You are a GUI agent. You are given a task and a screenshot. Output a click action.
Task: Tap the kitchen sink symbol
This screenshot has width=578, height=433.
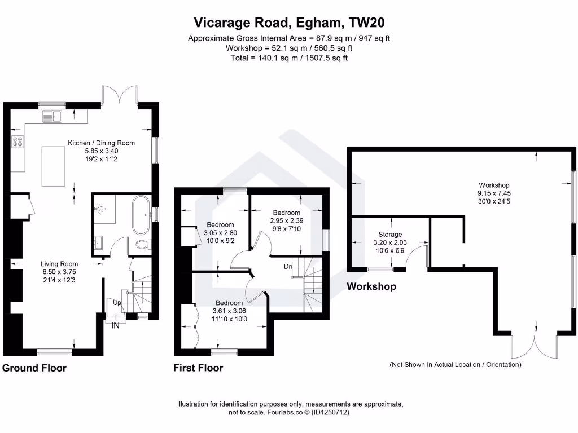pyautogui.click(x=54, y=117)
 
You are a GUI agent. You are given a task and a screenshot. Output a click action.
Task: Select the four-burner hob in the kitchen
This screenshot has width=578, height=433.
pyautogui.click(x=17, y=142)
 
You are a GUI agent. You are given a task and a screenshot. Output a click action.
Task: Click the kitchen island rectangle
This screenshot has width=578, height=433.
pyautogui.click(x=55, y=166)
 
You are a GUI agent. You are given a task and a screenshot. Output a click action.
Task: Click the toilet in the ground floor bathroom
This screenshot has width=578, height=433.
pyautogui.click(x=142, y=246)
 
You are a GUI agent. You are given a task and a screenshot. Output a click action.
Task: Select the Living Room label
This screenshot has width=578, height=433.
pyautogui.click(x=59, y=264)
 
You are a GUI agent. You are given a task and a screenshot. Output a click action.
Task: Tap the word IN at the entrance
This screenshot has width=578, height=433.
pyautogui.click(x=115, y=325)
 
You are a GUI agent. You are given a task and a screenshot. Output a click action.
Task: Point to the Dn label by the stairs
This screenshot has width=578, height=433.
pyautogui.click(x=288, y=266)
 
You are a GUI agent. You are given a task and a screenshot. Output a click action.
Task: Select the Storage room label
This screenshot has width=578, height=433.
pyautogui.click(x=390, y=234)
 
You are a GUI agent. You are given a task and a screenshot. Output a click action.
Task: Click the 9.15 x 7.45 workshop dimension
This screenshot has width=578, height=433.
pyautogui.click(x=494, y=193)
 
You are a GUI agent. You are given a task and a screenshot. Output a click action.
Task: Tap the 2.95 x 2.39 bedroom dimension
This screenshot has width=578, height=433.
pyautogui.click(x=286, y=220)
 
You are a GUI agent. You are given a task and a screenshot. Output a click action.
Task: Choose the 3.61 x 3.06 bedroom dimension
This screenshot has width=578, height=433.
pyautogui.click(x=229, y=311)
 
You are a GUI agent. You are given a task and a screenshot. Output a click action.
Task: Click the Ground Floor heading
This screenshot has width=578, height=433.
pyautogui.click(x=34, y=368)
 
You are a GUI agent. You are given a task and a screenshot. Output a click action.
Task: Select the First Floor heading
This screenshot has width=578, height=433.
pyautogui.click(x=198, y=368)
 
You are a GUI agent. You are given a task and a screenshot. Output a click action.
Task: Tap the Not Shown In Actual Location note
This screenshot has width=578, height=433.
pyautogui.click(x=455, y=365)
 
